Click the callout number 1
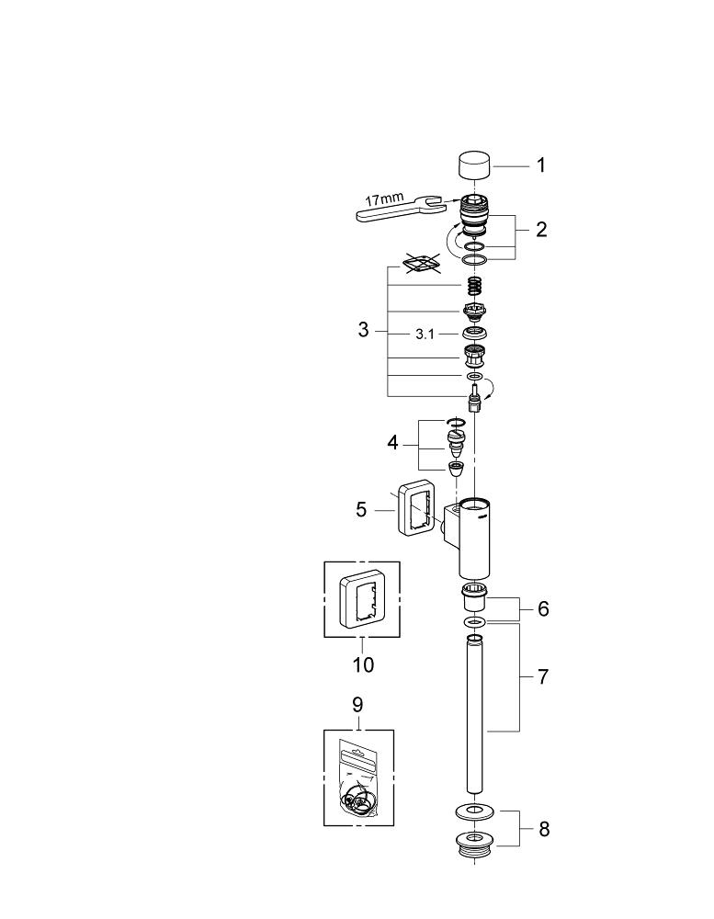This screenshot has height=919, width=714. point(541,165)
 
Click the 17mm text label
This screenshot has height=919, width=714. point(384,199)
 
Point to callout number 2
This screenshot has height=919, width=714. point(541,229)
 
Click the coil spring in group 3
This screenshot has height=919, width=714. point(473,287)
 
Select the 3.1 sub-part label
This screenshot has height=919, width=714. point(425,335)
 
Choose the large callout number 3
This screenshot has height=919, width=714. point(364,330)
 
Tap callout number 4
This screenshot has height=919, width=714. point(392,443)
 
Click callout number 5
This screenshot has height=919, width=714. point(361,509)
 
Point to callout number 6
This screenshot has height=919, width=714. point(543,609)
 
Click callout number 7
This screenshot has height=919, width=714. point(543,677)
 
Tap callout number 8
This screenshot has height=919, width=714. point(544,829)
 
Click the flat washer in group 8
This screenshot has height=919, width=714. point(474,811)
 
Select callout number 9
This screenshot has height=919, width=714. point(358,705)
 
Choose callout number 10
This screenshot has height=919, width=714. point(363,665)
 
